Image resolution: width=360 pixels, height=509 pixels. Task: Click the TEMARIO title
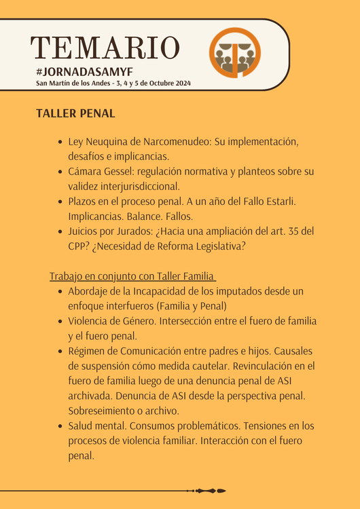(105, 48)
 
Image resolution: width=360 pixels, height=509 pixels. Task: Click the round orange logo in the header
(235, 53)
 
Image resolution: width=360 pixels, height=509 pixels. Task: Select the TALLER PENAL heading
(75, 113)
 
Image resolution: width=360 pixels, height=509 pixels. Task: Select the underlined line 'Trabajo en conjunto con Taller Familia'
(132, 276)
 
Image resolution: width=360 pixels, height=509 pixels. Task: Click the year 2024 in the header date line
(181, 83)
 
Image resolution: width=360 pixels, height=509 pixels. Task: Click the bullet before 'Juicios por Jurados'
(60, 232)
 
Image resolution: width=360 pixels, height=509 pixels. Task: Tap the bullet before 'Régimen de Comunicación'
(60, 352)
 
